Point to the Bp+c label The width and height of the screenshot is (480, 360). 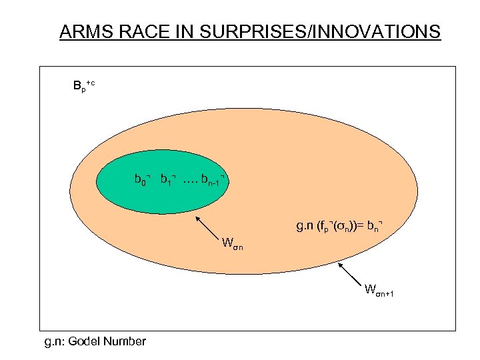coord(83,85)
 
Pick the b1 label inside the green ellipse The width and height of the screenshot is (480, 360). coord(167,180)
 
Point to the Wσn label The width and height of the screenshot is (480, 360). coord(233,241)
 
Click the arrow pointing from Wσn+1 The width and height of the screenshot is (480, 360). coord(351,274)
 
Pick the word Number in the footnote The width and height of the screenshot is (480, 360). coord(125,341)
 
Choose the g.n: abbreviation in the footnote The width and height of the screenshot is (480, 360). coord(56,341)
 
